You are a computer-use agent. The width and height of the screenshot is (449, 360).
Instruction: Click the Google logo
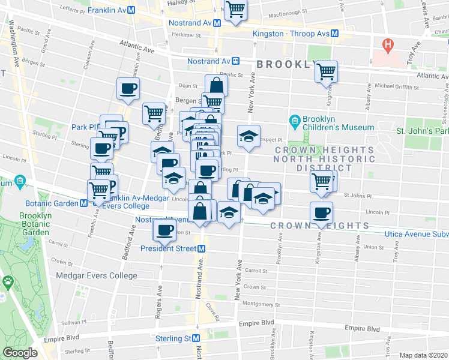tap(20, 353)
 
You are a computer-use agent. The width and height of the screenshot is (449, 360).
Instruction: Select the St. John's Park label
tap(422, 130)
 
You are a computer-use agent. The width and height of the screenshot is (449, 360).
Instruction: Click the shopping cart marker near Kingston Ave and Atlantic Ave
tap(326, 72)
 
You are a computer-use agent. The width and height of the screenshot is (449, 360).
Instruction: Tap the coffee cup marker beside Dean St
tap(128, 89)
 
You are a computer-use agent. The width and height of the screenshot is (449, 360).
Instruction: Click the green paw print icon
tap(8, 281)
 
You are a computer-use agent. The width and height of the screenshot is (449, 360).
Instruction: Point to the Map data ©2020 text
tap(423, 355)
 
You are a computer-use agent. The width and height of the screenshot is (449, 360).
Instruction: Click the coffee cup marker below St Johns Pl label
tap(321, 212)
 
